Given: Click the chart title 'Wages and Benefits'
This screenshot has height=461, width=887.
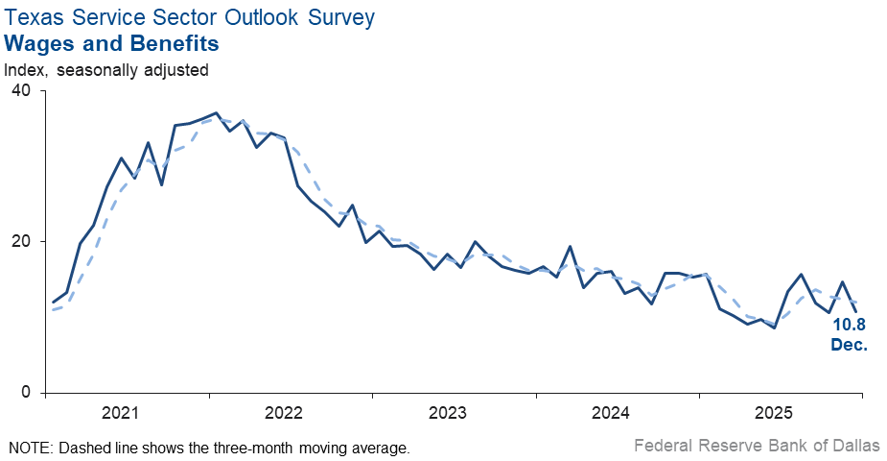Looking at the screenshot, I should [111, 43].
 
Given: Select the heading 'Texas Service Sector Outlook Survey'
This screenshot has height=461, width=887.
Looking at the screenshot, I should [190, 17].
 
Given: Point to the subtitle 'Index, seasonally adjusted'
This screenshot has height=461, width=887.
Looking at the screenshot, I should [106, 69].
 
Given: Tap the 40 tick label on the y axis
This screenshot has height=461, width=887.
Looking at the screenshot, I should [20, 90].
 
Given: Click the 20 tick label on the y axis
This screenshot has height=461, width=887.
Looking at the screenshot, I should [20, 241].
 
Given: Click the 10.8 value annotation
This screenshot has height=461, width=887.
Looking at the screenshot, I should [849, 325].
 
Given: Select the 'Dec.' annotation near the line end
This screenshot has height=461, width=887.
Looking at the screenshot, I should [849, 343].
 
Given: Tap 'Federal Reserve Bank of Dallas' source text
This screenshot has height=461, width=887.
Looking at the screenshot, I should [757, 446].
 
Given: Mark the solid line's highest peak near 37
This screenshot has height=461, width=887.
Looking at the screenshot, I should [216, 113].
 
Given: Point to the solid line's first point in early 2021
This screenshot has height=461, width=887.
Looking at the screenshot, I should [53, 303].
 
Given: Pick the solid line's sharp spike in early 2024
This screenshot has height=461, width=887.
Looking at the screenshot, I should [571, 247].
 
